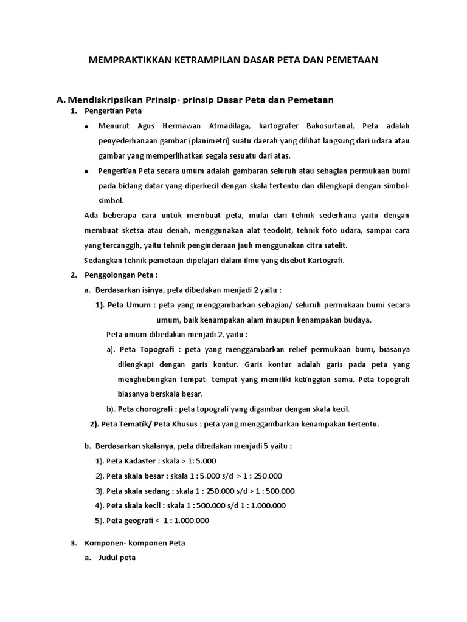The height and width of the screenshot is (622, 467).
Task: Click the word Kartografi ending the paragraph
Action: [326, 260]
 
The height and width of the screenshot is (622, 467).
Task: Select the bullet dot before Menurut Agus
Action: [86, 126]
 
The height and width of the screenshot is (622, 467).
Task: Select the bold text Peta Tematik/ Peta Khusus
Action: [151, 424]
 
